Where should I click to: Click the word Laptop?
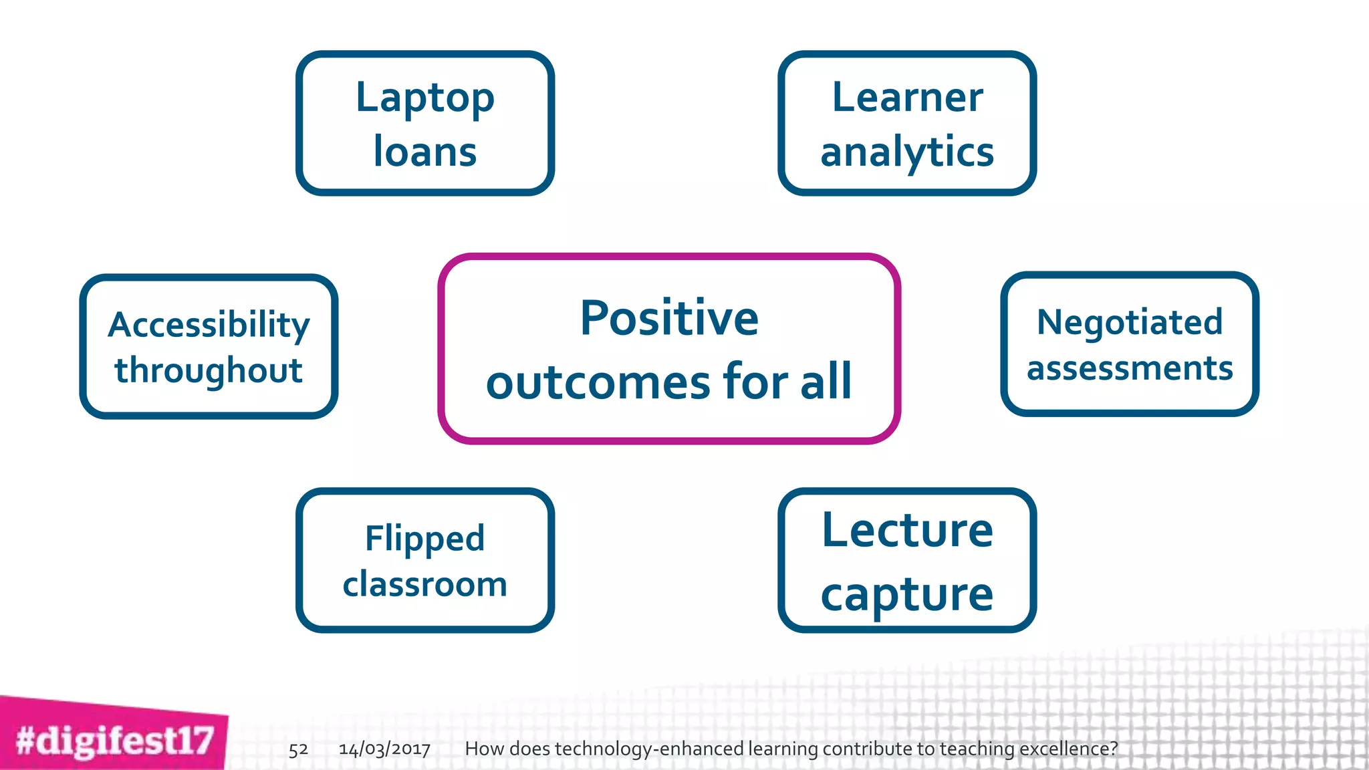425,99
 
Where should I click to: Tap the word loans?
425,152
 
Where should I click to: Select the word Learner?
907,98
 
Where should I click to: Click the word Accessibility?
209,326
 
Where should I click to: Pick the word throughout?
209,370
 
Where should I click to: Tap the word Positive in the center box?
669,318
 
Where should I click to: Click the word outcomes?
598,382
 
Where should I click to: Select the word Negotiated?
1130,322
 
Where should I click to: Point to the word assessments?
1130,368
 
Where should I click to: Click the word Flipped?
425,539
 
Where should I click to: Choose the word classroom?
425,584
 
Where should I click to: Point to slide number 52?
298,749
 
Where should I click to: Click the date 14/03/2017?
384,749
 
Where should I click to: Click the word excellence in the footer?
1067,749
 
